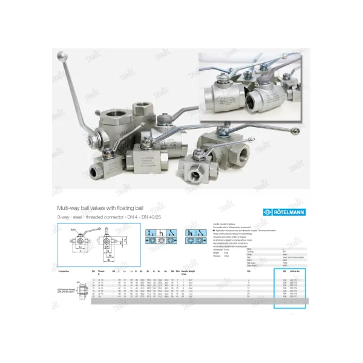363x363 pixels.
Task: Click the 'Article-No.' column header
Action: (x=295, y=272)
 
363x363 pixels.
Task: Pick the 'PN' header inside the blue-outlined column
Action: (x=283, y=272)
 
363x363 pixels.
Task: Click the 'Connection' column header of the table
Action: (x=64, y=272)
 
